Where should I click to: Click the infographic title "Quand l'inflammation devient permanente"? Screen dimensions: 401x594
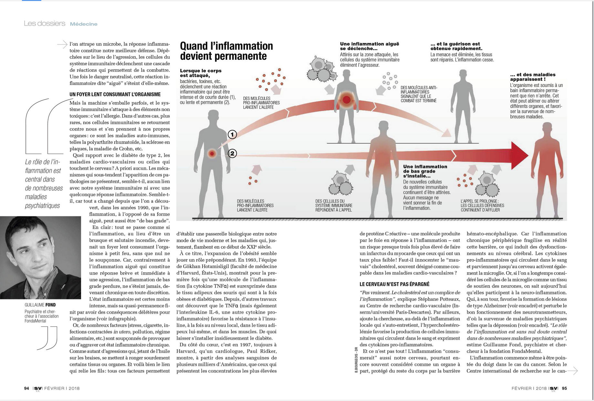pyautogui.click(x=226, y=51)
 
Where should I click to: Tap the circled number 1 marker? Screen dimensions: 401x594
pyautogui.click(x=232, y=134)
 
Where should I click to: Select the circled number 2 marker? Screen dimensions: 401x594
pyautogui.click(x=232, y=153)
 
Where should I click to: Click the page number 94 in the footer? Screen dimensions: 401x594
pyautogui.click(x=26, y=388)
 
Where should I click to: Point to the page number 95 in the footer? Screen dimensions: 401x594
pyautogui.click(x=564, y=388)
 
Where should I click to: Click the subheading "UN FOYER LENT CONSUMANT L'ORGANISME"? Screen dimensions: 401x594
pyautogui.click(x=115, y=94)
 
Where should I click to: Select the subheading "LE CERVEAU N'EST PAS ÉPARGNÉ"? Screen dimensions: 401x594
pyautogui.click(x=394, y=284)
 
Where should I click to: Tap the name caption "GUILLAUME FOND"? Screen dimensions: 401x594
pyautogui.click(x=40, y=305)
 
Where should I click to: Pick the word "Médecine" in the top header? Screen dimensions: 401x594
pyautogui.click(x=84, y=24)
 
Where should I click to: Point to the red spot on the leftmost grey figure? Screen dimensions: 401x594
pyautogui.click(x=212, y=154)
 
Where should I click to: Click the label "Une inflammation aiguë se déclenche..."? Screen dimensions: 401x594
pyautogui.click(x=369, y=46)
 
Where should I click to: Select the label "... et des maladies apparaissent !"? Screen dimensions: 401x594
pyautogui.click(x=533, y=77)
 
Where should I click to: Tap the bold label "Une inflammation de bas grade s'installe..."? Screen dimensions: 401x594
pyautogui.click(x=425, y=171)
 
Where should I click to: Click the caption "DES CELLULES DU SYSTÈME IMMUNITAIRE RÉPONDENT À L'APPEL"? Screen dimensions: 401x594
pyautogui.click(x=334, y=205)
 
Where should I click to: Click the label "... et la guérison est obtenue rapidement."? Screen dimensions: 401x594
pyautogui.click(x=455, y=46)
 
